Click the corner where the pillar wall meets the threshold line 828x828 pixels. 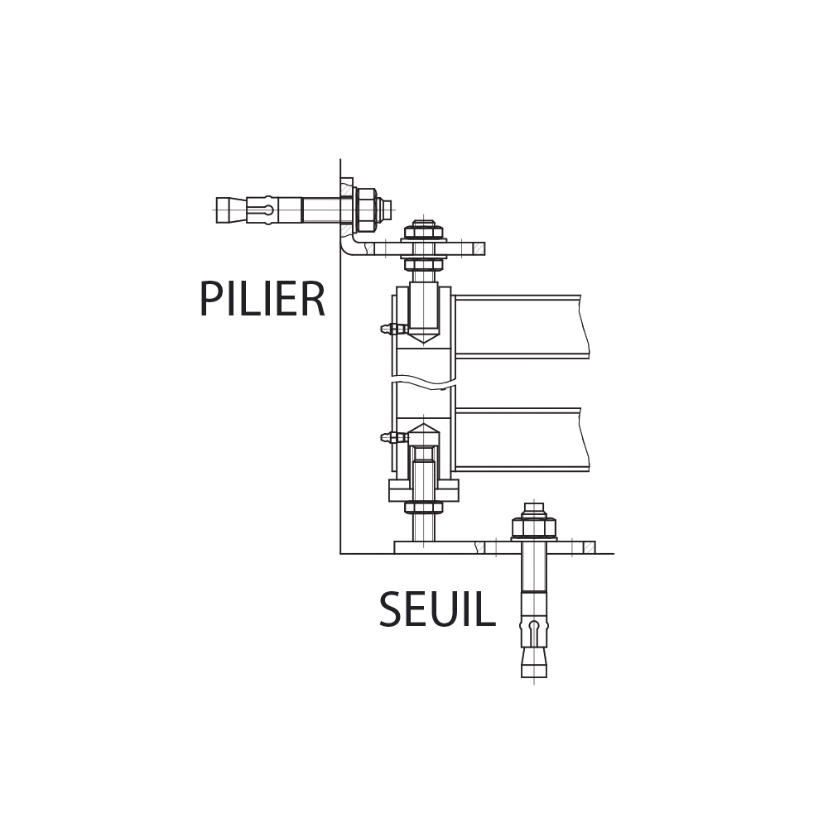[x=340, y=553]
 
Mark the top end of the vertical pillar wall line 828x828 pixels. [x=340, y=159]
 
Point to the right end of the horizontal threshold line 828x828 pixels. [x=614, y=553]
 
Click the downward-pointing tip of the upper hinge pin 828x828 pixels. [x=423, y=344]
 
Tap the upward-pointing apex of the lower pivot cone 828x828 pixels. [x=423, y=423]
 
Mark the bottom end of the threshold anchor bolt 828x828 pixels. [x=534, y=677]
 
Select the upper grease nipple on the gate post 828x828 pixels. [x=394, y=329]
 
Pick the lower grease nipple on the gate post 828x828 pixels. [x=394, y=437]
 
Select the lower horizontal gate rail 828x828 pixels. [x=521, y=439]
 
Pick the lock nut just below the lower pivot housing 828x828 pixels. [x=423, y=508]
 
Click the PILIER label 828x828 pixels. [x=262, y=299]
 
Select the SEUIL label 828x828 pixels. [x=437, y=609]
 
